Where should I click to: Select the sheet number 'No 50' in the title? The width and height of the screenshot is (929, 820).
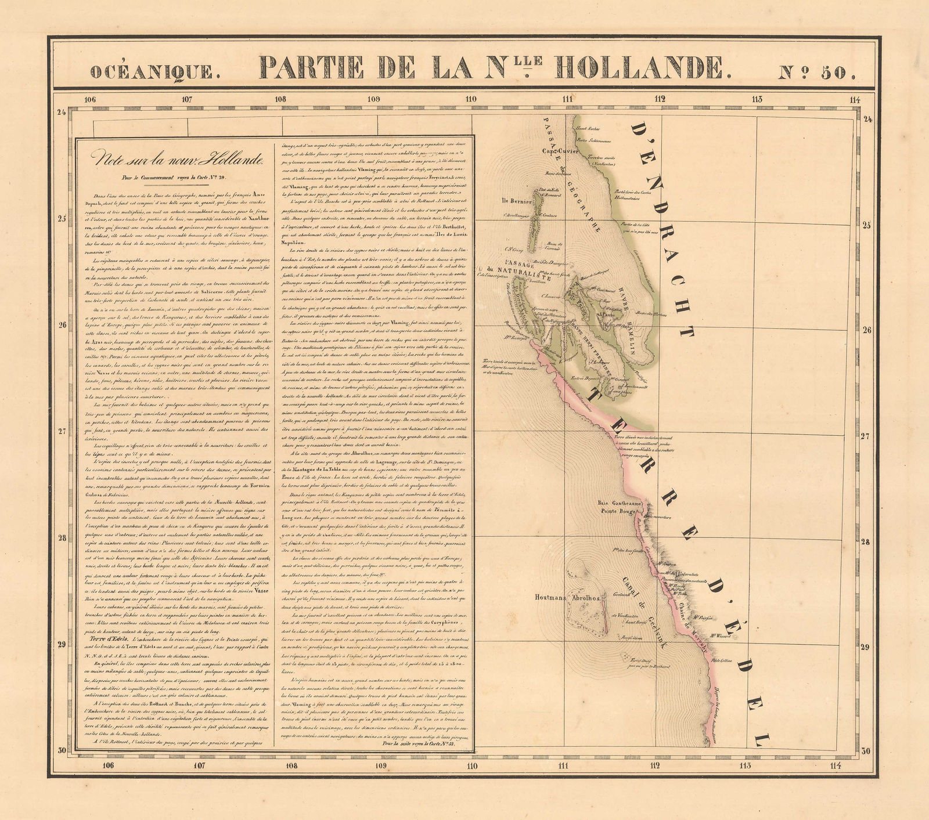click(x=823, y=70)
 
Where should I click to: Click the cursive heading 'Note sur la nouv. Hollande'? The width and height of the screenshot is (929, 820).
click(x=172, y=158)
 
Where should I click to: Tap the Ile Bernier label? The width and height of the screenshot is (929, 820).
click(x=506, y=202)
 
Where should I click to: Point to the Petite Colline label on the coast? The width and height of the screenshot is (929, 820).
click(x=728, y=660)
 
